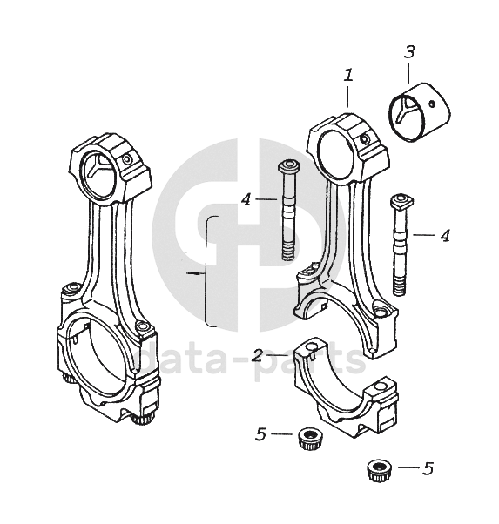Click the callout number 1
(348, 75)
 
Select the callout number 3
(409, 52)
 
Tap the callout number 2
(257, 355)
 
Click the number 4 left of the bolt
(246, 199)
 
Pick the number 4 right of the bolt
(445, 235)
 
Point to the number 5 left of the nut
(260, 433)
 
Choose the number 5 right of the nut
(428, 468)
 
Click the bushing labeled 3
(421, 112)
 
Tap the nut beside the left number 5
(310, 438)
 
